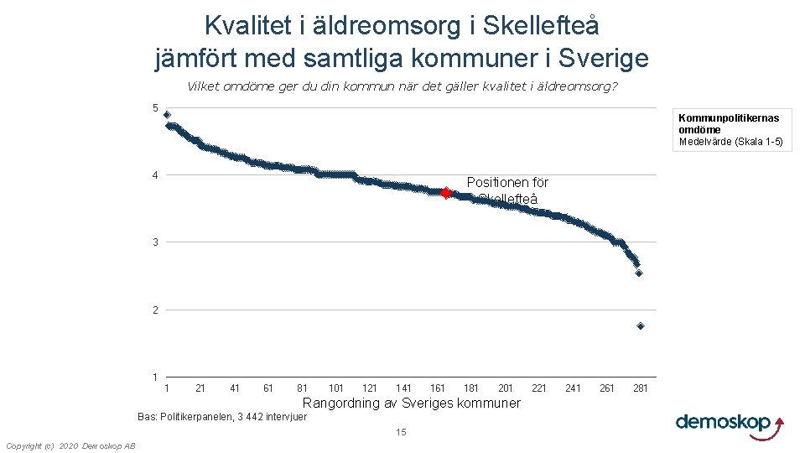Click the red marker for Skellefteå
coord(446,193)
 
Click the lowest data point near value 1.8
coord(641,326)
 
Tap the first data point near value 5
coord(167,115)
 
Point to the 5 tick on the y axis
coord(155,107)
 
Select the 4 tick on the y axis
coord(155,175)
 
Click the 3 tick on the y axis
coord(155,242)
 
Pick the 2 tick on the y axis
coord(155,310)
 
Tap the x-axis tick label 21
coord(200,388)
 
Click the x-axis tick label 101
coord(336,388)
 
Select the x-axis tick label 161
coord(438,388)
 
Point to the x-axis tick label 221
coord(539,388)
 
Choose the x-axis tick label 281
coord(641,388)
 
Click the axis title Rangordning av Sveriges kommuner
coord(411,404)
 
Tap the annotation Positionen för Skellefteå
coord(507,190)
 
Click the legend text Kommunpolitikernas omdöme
coord(730,123)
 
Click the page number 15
coord(401,432)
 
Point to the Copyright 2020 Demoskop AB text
coord(70,445)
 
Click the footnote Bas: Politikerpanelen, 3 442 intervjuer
coord(222,417)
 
